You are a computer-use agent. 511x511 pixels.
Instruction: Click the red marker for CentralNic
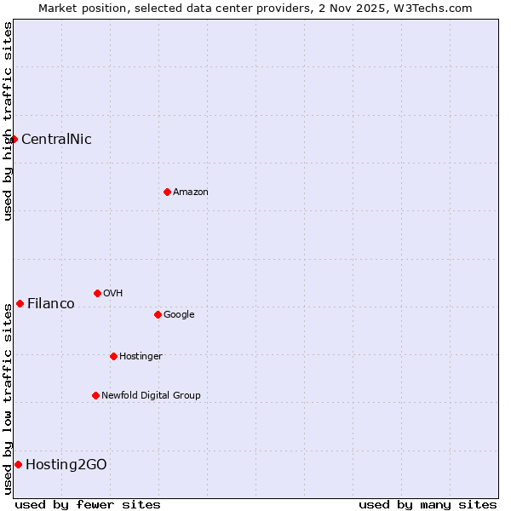[14, 139]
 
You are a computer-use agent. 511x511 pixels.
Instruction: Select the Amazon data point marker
[167, 192]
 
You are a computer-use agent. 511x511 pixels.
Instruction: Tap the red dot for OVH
[97, 293]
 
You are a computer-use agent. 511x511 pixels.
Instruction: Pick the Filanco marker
[20, 303]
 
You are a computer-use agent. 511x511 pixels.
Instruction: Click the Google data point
[158, 314]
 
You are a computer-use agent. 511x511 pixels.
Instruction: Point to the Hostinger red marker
[113, 356]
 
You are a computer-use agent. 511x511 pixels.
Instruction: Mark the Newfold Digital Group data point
[95, 395]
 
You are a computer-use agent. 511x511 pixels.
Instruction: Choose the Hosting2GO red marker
[18, 464]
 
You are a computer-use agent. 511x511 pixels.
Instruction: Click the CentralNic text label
[56, 139]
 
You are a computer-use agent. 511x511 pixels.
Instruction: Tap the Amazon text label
[191, 192]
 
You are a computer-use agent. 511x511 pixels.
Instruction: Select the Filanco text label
[51, 303]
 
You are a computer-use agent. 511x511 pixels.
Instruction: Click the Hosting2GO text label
[66, 464]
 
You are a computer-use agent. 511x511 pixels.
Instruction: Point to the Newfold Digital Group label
[151, 395]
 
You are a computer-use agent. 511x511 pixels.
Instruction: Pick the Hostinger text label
[141, 356]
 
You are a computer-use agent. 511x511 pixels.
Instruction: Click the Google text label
[179, 314]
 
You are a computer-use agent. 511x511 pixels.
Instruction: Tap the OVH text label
[113, 293]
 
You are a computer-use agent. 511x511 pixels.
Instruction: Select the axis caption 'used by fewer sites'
[88, 504]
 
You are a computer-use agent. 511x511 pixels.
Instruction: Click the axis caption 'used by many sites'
[428, 504]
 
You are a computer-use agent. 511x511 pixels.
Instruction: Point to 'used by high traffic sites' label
[8, 121]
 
